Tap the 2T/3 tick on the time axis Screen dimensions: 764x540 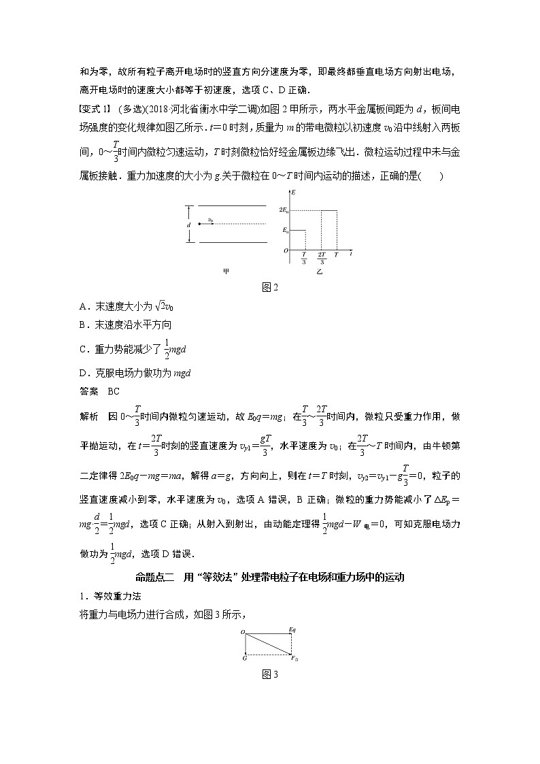click(321, 257)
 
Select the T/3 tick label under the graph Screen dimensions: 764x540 click(303, 257)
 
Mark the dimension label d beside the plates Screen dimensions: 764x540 click(189, 224)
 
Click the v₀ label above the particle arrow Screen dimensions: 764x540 click(211, 219)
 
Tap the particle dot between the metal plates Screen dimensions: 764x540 click(199, 223)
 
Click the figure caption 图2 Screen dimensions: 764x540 click(271, 287)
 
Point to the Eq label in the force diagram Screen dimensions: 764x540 click(293, 631)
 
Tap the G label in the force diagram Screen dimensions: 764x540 click(244, 659)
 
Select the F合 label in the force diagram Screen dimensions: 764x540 click(294, 659)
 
